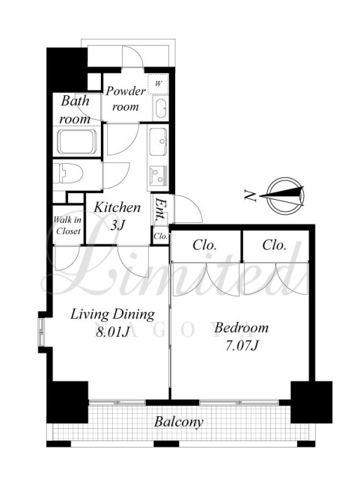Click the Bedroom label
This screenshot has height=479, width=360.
241,328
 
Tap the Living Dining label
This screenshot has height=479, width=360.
112,314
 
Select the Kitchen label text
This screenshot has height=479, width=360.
117,207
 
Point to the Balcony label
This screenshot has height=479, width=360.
178,422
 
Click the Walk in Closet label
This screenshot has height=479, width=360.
68,225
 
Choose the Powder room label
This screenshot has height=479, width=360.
126,99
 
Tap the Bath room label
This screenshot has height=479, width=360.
75,110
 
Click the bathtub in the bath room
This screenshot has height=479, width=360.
77,142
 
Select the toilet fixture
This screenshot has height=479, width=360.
68,174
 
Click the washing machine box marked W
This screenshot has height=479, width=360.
158,84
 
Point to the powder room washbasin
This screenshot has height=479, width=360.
160,109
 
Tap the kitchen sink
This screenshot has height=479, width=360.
158,141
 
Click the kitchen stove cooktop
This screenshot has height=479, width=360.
158,175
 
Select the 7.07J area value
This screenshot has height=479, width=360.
242,346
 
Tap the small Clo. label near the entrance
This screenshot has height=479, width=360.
160,237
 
